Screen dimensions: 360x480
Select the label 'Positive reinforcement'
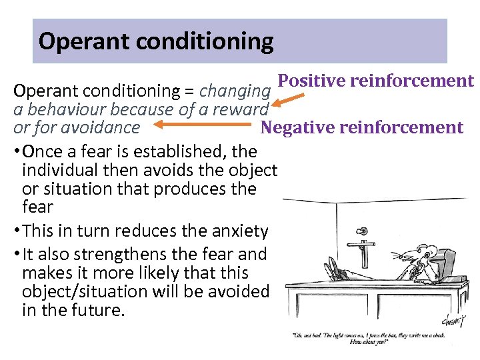(x=375, y=81)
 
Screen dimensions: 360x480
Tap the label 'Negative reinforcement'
(x=361, y=127)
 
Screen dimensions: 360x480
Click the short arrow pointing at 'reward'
(x=287, y=101)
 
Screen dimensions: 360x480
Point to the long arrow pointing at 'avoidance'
(x=201, y=125)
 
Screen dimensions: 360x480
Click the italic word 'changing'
(x=235, y=90)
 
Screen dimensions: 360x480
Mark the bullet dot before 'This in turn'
(x=17, y=231)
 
